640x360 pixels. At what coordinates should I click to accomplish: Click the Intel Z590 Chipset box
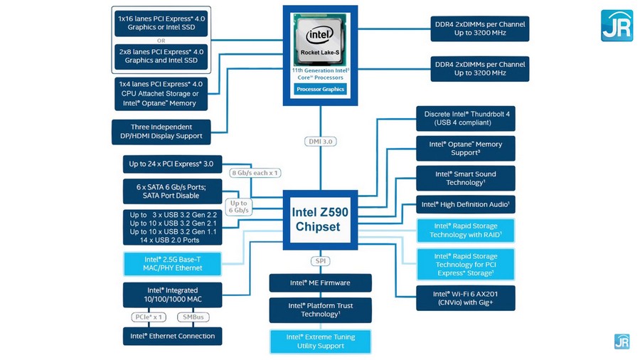320,219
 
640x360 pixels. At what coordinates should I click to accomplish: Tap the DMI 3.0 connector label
320,142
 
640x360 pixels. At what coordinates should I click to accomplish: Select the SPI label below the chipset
320,261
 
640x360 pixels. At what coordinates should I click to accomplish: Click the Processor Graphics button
320,89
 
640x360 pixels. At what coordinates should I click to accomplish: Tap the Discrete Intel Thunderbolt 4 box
466,119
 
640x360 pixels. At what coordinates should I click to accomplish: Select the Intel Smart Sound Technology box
466,179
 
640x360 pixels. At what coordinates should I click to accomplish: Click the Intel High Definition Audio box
466,205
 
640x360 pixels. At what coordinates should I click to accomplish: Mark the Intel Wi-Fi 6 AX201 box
466,298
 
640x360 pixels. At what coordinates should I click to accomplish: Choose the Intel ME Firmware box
320,282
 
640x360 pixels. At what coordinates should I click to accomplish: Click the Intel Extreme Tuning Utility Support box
320,342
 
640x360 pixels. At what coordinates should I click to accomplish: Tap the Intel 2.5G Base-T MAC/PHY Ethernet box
173,264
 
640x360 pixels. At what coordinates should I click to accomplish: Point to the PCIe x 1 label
149,317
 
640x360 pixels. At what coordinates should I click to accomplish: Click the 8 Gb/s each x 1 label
255,173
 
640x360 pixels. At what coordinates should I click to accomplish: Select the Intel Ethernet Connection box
172,336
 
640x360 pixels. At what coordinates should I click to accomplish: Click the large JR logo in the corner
617,25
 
